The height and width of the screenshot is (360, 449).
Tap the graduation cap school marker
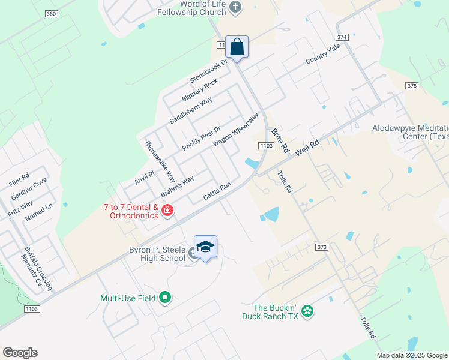point(205,247)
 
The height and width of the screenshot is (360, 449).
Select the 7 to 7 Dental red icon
point(167,211)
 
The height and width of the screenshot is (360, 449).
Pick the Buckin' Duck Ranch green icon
point(307,311)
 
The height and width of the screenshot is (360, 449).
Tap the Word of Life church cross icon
point(235,7)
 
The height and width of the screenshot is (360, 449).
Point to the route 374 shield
point(342,37)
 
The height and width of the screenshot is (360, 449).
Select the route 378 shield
point(411,86)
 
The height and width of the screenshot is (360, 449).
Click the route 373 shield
point(321,247)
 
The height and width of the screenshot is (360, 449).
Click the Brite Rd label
point(280,140)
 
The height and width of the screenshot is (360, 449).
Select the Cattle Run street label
point(217,191)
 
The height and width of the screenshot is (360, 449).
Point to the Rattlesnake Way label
point(160,162)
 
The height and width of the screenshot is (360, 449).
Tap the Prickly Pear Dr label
point(202,138)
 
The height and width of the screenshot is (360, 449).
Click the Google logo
point(20,353)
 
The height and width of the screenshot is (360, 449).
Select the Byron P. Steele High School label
point(157,254)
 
